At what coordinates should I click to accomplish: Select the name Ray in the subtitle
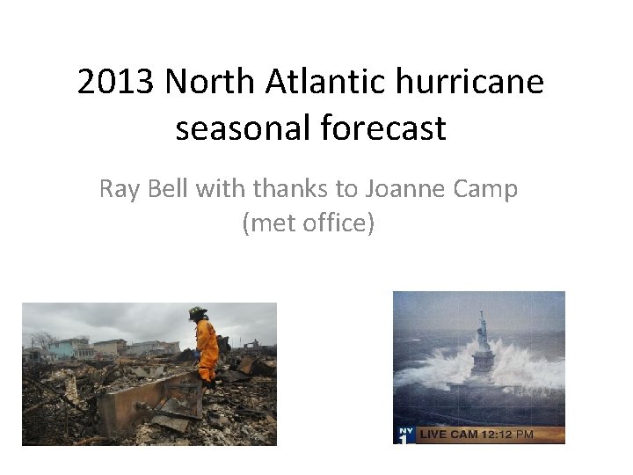(118, 188)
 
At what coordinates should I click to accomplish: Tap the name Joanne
(401, 188)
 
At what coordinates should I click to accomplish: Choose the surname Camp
(486, 188)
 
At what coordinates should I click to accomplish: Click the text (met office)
(309, 223)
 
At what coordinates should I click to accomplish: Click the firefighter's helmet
(198, 313)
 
